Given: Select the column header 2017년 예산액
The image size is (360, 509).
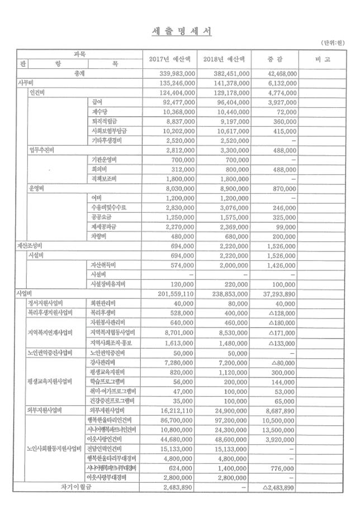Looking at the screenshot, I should tap(170, 59).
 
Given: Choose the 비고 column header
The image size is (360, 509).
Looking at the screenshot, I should tap(325, 59).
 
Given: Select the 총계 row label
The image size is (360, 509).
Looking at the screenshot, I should tap(78, 73).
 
